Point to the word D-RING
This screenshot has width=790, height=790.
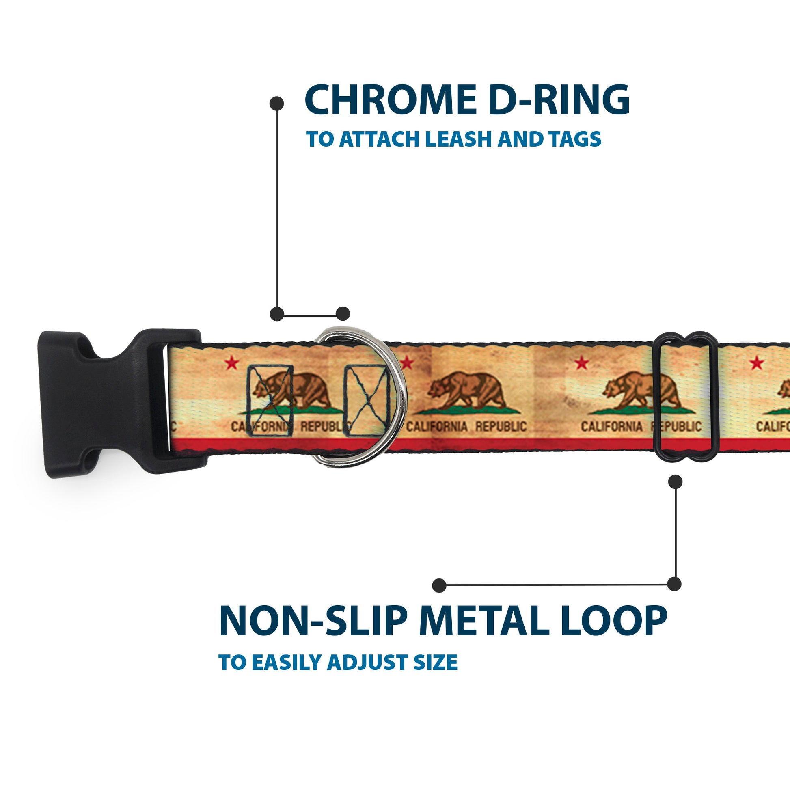pyautogui.click(x=559, y=101)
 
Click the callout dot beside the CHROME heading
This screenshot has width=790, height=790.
pyautogui.click(x=277, y=104)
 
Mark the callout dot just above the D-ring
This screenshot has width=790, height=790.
pyautogui.click(x=343, y=314)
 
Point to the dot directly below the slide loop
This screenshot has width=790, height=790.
pyautogui.click(x=675, y=482)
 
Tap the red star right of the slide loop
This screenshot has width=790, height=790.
pyautogui.click(x=757, y=362)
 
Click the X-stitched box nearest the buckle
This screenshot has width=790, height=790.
pyautogui.click(x=270, y=401)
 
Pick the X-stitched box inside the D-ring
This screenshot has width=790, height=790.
pyautogui.click(x=367, y=401)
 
